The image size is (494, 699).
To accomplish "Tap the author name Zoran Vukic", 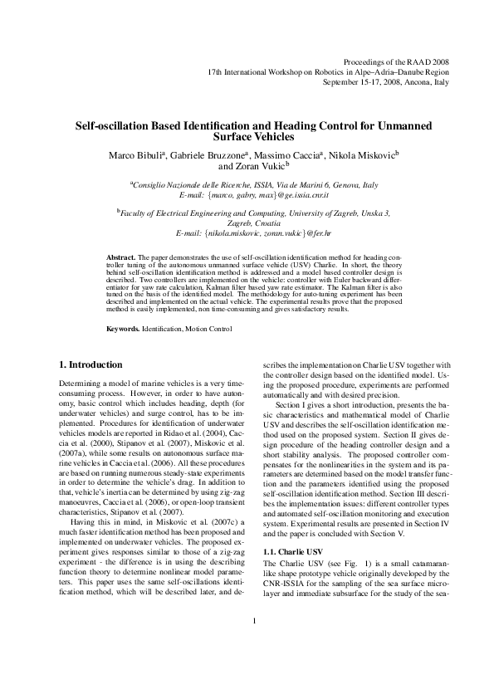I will [260, 166].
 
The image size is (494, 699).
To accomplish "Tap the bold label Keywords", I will [123, 330].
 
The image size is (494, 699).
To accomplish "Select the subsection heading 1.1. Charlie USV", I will [291, 528].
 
